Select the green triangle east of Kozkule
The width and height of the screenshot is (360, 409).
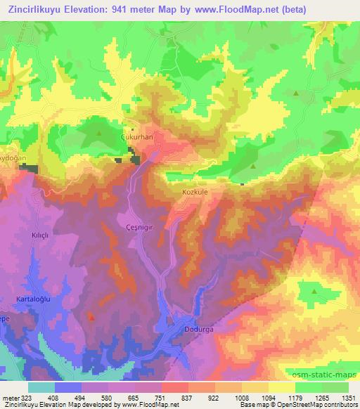click(253, 167)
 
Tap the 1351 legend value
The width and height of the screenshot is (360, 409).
click(349, 397)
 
